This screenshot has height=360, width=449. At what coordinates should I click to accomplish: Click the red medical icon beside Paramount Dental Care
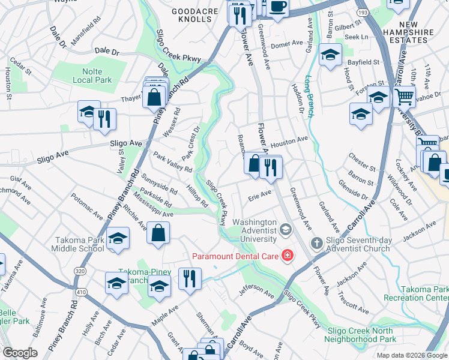[x=287, y=256]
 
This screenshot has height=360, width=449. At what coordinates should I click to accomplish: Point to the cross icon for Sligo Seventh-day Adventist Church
[x=316, y=243]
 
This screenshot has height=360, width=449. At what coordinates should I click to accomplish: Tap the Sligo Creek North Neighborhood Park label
[x=360, y=335]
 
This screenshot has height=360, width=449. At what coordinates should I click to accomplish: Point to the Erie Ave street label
[x=260, y=194]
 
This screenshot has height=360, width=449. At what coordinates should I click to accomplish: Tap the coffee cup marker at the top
[x=277, y=6]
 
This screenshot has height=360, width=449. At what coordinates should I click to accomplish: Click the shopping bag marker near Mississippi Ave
[x=158, y=233]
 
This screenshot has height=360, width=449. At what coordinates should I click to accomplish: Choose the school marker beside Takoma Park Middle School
[x=118, y=239]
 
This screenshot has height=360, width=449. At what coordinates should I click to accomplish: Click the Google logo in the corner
[x=20, y=353]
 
